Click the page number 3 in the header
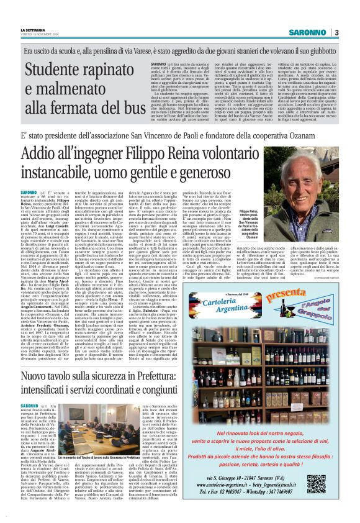[x=336, y=32]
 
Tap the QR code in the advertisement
[x=333, y=483]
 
